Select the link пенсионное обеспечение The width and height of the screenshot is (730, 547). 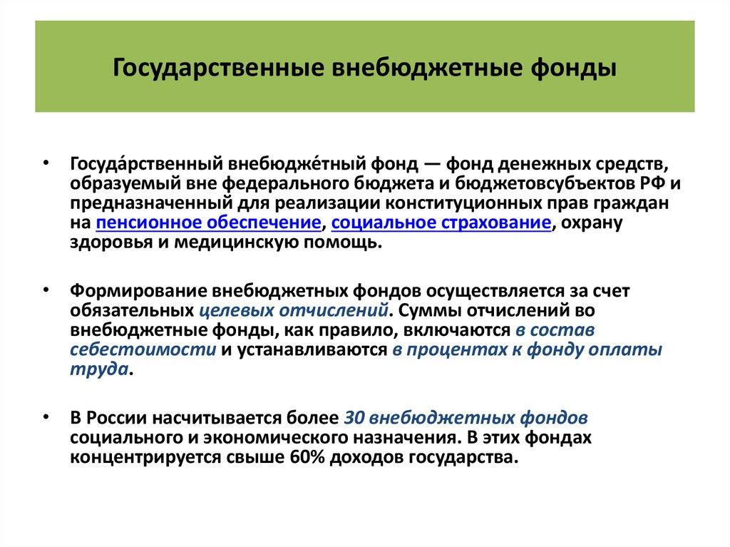click(207, 223)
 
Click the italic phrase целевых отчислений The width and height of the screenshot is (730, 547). click(294, 311)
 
